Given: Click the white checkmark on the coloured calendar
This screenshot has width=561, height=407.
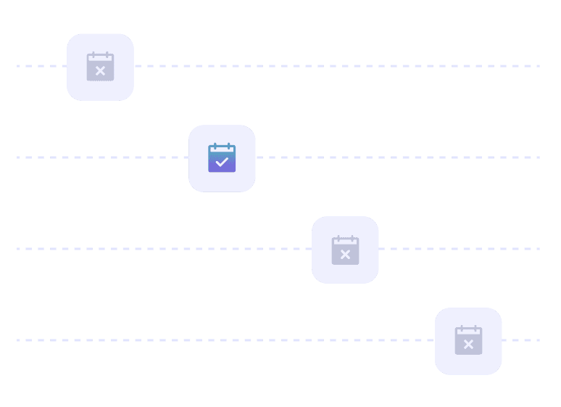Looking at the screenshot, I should (x=222, y=162).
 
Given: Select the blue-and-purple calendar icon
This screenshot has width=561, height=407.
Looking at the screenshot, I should (x=222, y=157).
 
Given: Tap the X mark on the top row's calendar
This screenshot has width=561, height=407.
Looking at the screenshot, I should (x=100, y=71).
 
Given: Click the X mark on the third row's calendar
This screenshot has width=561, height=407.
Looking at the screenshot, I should (x=345, y=254).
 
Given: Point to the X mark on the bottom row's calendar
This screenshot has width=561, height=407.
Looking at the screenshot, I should (x=468, y=344).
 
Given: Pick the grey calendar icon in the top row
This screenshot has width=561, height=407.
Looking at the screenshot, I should (x=100, y=67).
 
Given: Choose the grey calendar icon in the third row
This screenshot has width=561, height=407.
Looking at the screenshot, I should (x=345, y=250).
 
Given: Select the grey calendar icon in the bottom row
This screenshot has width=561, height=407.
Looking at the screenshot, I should (x=468, y=340).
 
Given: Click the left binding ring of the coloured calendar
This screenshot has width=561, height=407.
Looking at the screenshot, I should (x=214, y=146).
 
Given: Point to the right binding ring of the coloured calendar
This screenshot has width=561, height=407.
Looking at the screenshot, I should (x=230, y=146).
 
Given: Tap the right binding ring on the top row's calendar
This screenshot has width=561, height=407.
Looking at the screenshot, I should (x=108, y=54).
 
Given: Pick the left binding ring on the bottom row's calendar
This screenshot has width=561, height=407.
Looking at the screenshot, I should (x=460, y=329).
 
